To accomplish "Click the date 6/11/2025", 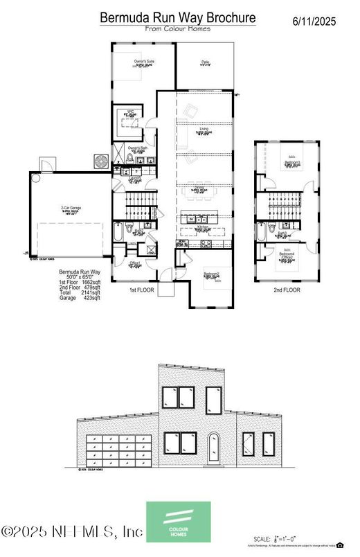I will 314,21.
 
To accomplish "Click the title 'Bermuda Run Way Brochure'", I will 177,17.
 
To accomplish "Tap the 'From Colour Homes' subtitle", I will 177,29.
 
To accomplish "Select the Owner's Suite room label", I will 144,62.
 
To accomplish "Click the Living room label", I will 204,130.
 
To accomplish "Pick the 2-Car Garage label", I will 67,207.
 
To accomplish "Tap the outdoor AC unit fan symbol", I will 102,161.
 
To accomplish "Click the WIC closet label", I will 129,111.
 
